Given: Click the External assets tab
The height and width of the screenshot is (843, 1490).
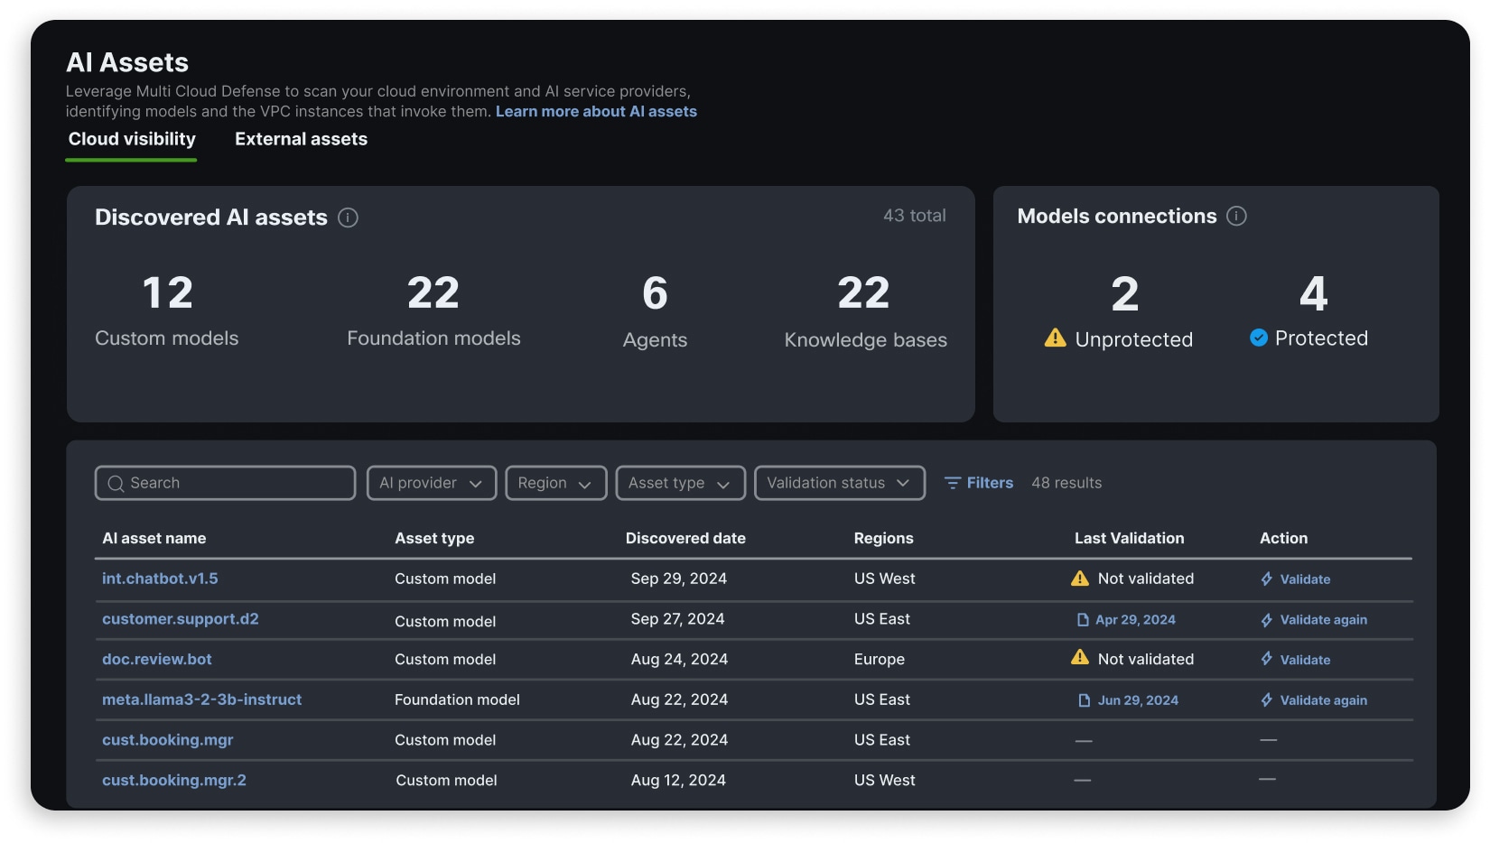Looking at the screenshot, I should [x=301, y=139].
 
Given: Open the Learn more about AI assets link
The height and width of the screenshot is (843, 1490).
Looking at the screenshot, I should [x=596, y=111].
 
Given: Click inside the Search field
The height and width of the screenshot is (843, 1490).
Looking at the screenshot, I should [x=226, y=483].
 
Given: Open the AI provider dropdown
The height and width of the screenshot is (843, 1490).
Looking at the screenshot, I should [x=431, y=483].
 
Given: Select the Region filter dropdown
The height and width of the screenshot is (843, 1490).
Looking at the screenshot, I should [x=555, y=483].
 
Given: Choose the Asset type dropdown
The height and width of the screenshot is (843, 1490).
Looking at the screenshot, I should [x=680, y=483].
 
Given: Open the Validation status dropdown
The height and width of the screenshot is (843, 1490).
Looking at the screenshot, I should [x=839, y=483].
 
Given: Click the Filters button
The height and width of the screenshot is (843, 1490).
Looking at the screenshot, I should [x=979, y=483].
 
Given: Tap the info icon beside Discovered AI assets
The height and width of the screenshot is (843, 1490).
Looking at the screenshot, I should [x=348, y=218].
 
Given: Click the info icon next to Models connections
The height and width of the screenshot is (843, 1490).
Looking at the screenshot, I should [x=1236, y=216].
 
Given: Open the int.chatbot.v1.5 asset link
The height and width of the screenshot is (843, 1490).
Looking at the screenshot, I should [x=160, y=579].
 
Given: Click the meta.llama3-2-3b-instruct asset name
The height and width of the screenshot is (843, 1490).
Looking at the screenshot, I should [x=201, y=699].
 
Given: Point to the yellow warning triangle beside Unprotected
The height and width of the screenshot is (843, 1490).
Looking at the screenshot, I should [x=1055, y=338].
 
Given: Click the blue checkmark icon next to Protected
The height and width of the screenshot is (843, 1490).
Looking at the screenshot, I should [x=1258, y=338].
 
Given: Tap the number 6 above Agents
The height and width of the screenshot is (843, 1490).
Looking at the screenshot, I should [x=655, y=293].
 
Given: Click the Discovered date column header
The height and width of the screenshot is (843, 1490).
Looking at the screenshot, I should [x=685, y=538].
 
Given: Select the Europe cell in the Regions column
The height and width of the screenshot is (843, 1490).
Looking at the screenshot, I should [x=879, y=660].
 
